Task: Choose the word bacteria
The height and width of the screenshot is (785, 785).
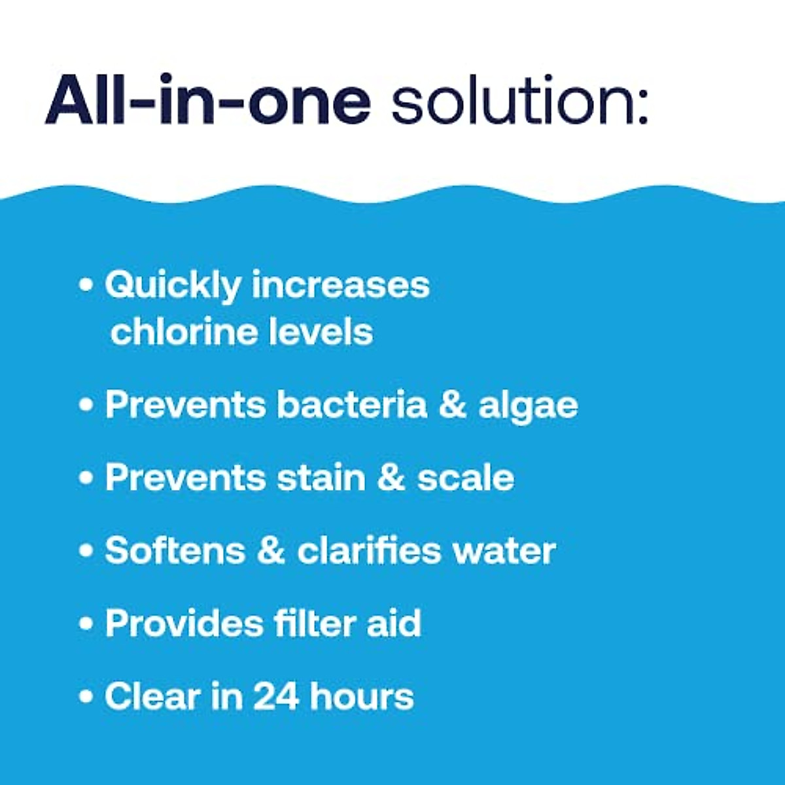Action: pyautogui.click(x=351, y=405)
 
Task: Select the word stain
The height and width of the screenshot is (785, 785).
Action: pyautogui.click(x=321, y=478)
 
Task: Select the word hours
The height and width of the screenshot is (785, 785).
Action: pyautogui.click(x=362, y=697)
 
